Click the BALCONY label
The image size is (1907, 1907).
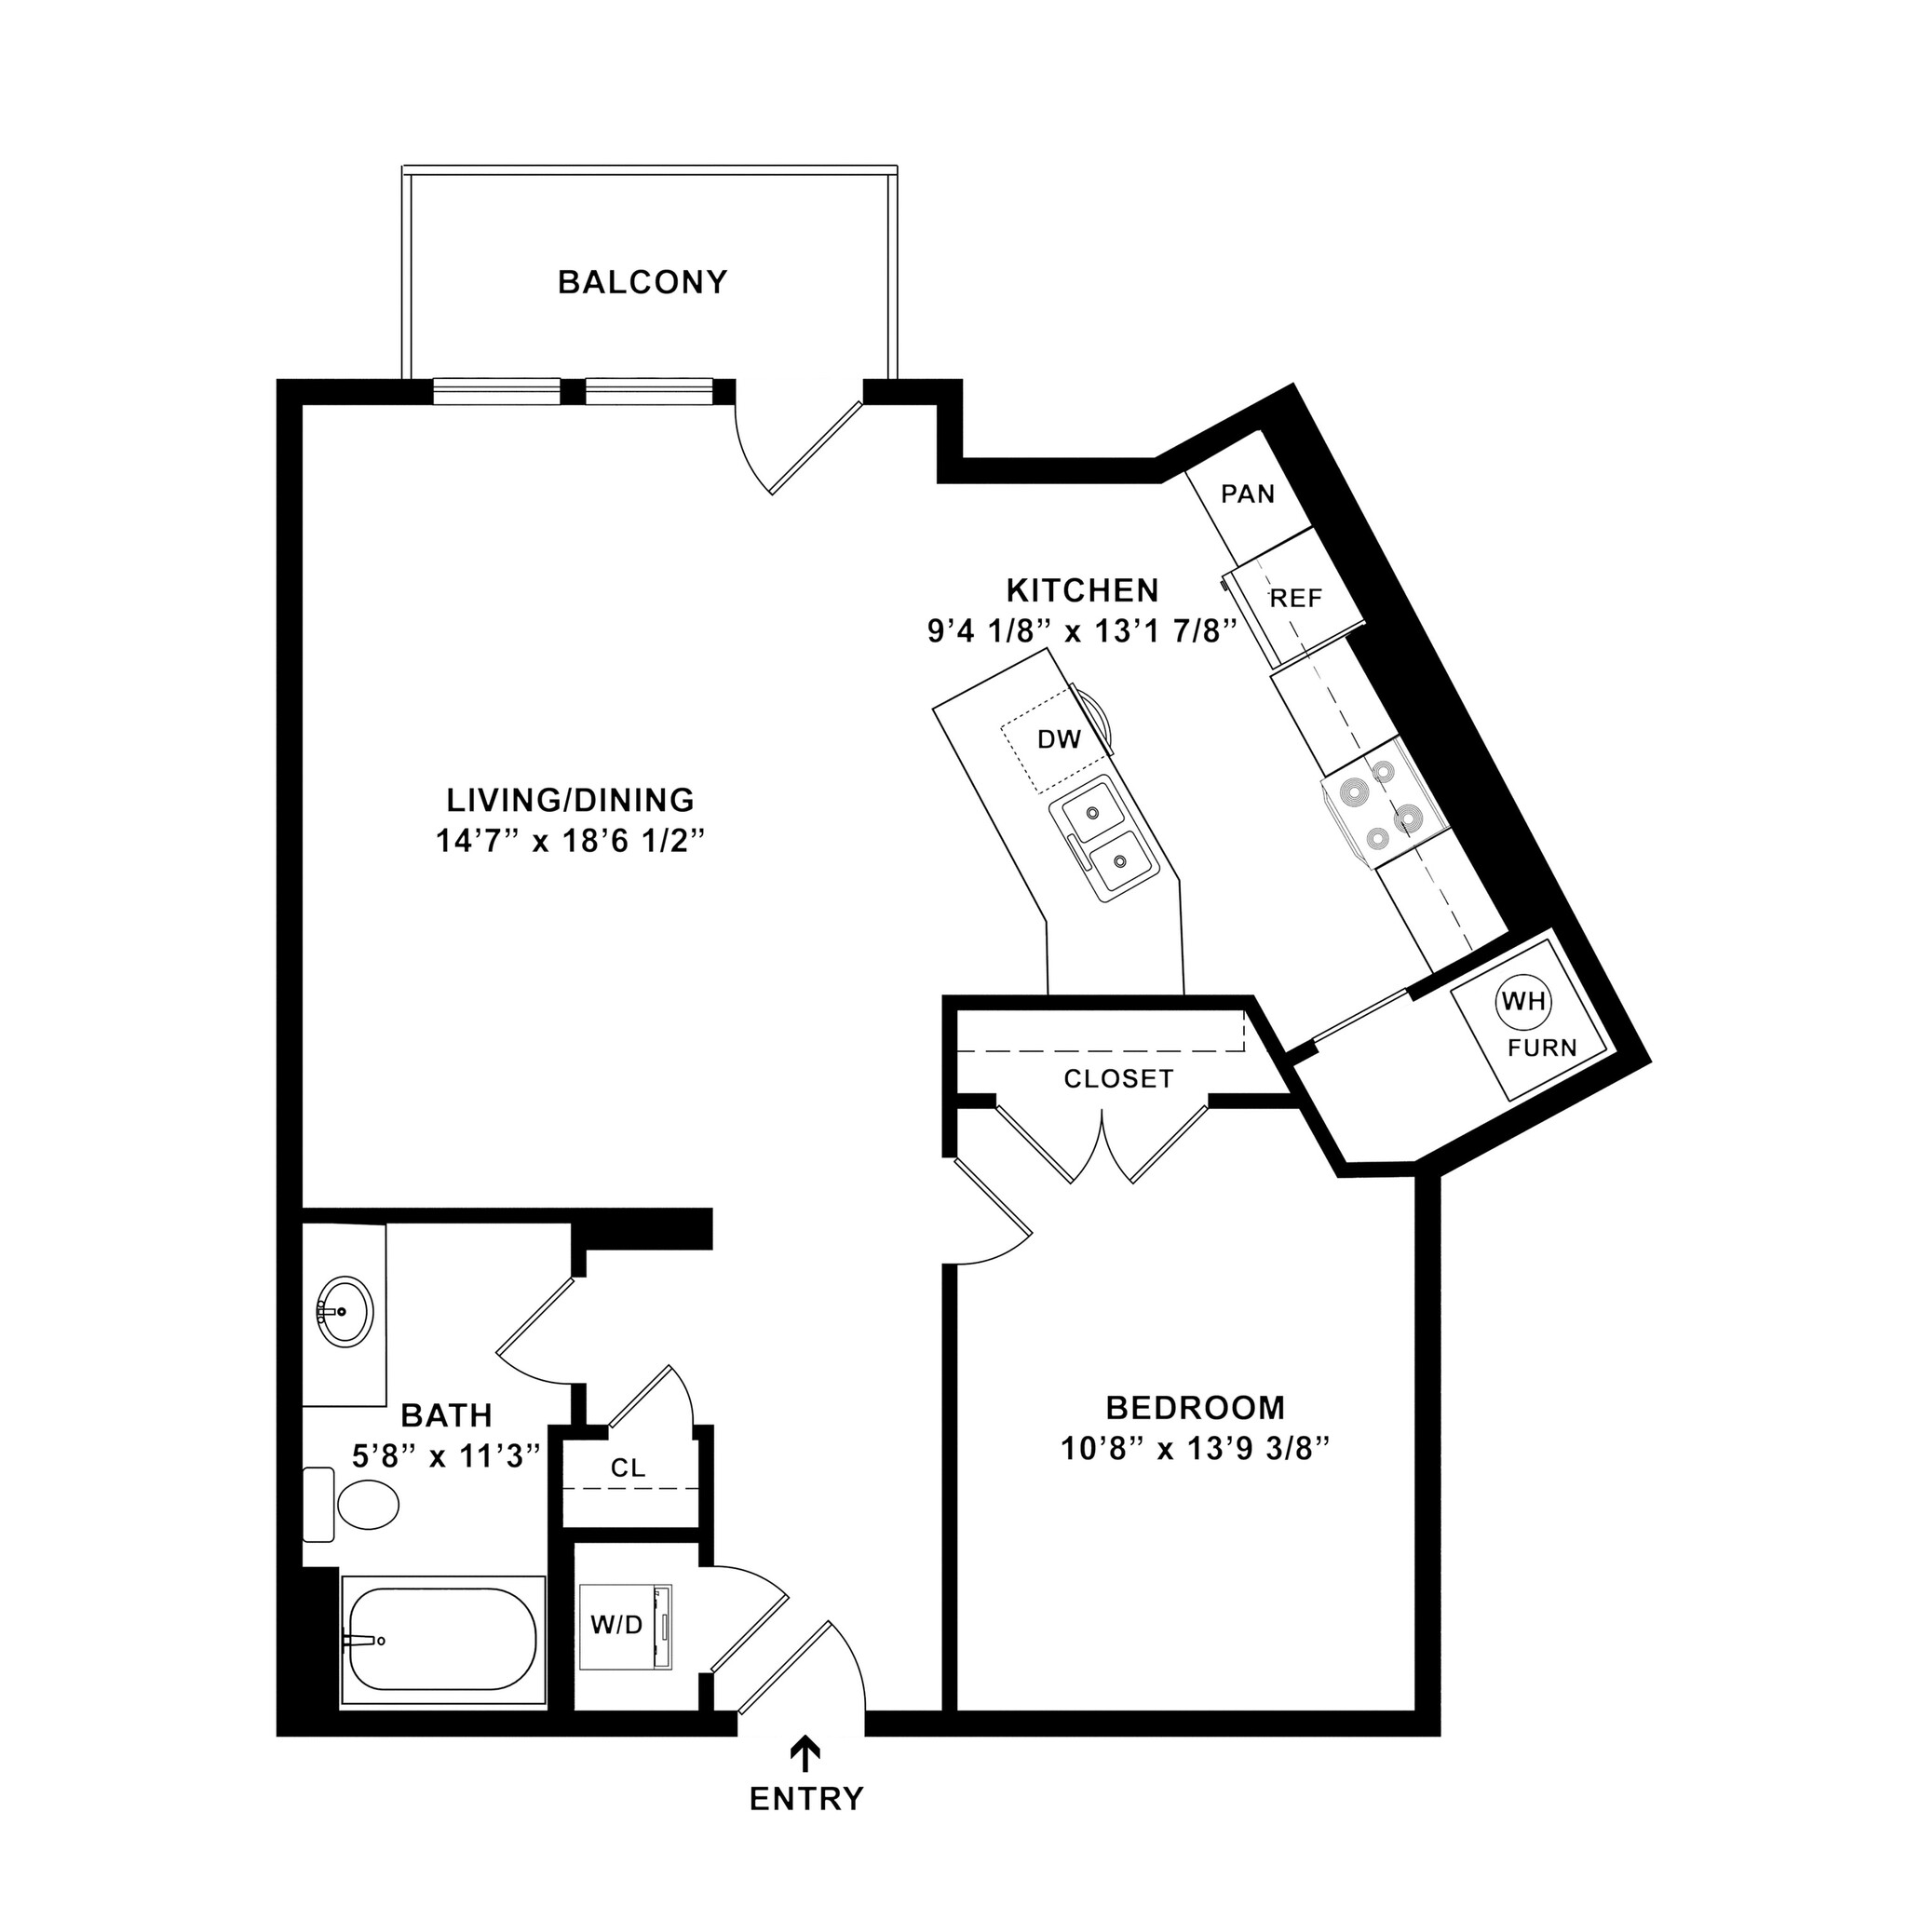642,282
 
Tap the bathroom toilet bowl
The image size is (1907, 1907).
367,1506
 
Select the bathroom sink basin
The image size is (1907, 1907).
345,1311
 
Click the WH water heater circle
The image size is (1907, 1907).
1524,1002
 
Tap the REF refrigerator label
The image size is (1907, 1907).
1295,598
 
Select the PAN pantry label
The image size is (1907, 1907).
1248,494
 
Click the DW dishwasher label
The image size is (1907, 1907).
1059,738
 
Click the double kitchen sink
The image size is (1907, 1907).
1103,838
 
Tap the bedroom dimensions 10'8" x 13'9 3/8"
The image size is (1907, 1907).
1196,1449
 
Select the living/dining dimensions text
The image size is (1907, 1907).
572,841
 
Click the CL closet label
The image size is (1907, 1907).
628,1467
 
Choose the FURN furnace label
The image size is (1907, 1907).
1542,1047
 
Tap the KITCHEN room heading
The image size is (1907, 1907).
1082,590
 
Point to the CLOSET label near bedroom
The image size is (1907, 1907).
1118,1079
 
